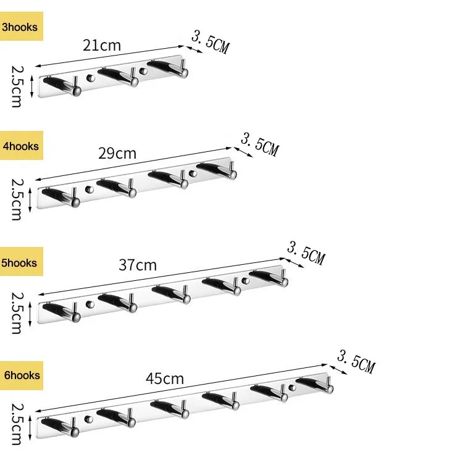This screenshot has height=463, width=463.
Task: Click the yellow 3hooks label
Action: click(x=21, y=27)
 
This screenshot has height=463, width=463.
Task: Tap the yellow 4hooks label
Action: click(x=21, y=146)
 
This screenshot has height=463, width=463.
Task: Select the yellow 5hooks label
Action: click(x=21, y=263)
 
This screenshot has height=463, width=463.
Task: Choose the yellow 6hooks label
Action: click(x=21, y=375)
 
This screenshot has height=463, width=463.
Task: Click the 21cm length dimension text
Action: click(x=102, y=45)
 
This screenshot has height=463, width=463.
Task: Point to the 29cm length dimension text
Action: click(x=117, y=153)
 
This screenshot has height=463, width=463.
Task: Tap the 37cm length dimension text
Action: click(x=137, y=265)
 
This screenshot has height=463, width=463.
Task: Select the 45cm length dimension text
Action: click(x=165, y=378)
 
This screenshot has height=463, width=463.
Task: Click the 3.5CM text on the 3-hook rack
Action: click(x=210, y=42)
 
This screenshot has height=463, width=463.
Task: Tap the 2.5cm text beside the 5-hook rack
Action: click(x=17, y=313)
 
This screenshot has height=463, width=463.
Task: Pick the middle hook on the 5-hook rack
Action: click(x=173, y=294)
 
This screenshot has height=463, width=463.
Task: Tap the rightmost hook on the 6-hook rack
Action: click(x=318, y=384)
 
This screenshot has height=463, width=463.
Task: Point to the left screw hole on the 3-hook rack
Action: click(x=91, y=78)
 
